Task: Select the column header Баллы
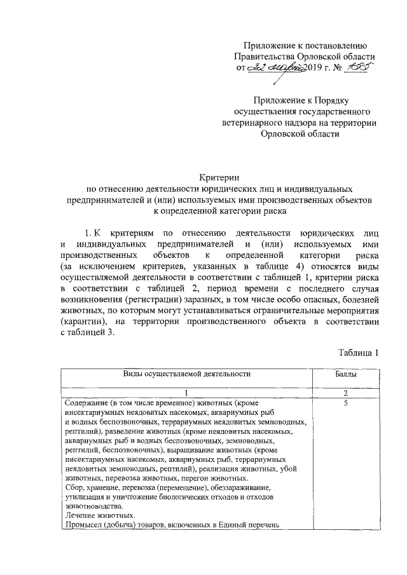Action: pos(345,375)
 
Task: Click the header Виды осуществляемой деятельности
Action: pos(185,375)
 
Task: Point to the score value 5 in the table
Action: pos(345,403)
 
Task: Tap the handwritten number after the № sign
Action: pos(356,67)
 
